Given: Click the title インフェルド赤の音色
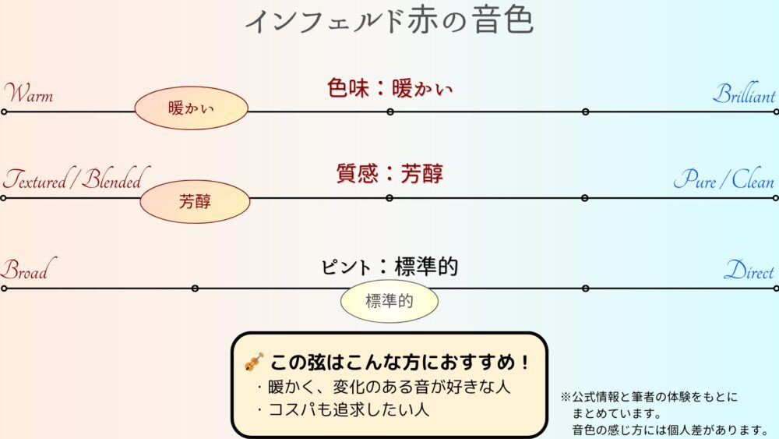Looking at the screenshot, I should [389, 21].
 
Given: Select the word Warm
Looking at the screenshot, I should [29, 94].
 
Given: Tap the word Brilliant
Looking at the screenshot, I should [744, 94].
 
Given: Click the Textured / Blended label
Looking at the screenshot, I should [73, 181].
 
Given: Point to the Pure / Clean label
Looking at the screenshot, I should [724, 181].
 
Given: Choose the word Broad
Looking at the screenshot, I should [24, 271].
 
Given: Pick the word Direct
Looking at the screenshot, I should [749, 271].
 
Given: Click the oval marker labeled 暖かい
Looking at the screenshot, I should [191, 108].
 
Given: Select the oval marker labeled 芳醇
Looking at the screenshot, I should [195, 201].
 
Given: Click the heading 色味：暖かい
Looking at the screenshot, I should [389, 88].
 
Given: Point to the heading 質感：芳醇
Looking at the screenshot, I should [389, 173].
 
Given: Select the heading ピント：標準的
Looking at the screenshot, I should [389, 267].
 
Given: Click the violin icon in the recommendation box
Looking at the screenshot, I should [254, 362].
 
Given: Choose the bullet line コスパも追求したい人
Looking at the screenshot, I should [342, 408].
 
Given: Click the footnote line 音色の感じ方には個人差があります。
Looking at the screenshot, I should [671, 430].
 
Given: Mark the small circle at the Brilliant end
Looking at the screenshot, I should [776, 112].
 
